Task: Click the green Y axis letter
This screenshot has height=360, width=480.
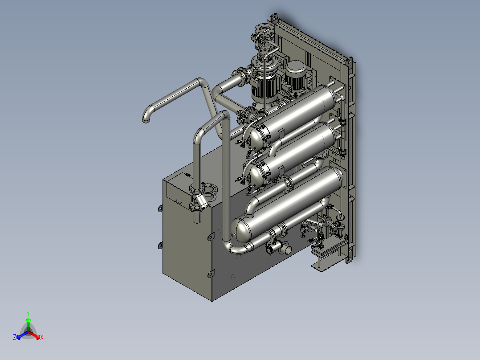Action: pyautogui.click(x=28, y=313)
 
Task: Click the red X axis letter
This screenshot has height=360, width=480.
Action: pyautogui.click(x=42, y=337)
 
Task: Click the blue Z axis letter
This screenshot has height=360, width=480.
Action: pyautogui.click(x=15, y=337)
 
